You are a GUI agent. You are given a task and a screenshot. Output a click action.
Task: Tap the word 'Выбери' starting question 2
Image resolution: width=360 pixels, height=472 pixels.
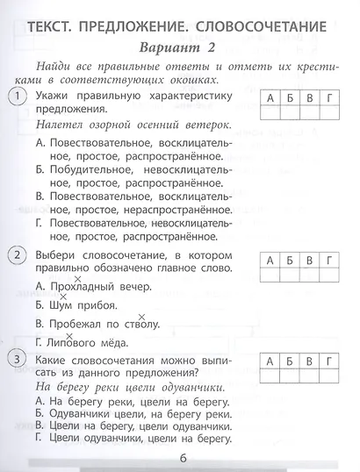click(60, 254)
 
